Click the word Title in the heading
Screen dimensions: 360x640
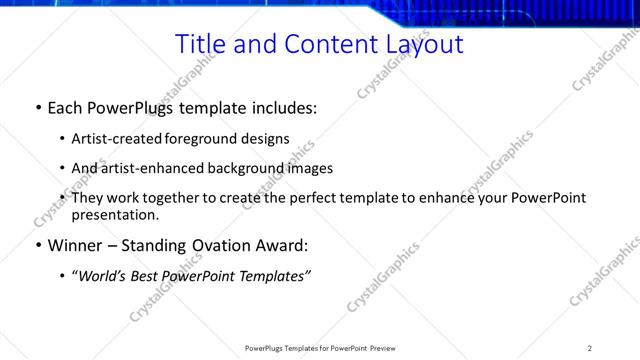click(x=198, y=44)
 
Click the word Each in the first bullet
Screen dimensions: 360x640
click(x=66, y=106)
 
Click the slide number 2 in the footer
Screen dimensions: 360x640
click(x=589, y=347)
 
